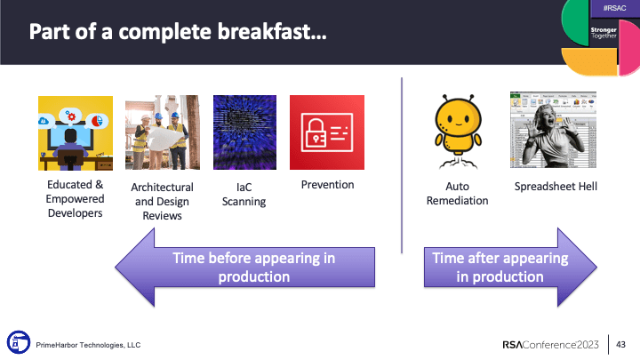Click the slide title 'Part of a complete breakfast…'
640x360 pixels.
click(177, 33)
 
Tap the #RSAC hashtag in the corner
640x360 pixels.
click(613, 8)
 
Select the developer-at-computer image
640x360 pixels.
click(75, 132)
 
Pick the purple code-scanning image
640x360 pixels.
click(244, 132)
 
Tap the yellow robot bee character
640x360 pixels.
click(455, 129)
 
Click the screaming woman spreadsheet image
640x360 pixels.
click(552, 130)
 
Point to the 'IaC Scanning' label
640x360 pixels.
click(244, 194)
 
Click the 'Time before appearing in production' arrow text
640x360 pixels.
click(254, 268)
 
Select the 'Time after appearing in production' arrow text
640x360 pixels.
click(499, 268)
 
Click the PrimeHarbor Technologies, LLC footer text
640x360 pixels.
click(87, 344)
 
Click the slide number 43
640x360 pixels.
click(621, 344)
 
